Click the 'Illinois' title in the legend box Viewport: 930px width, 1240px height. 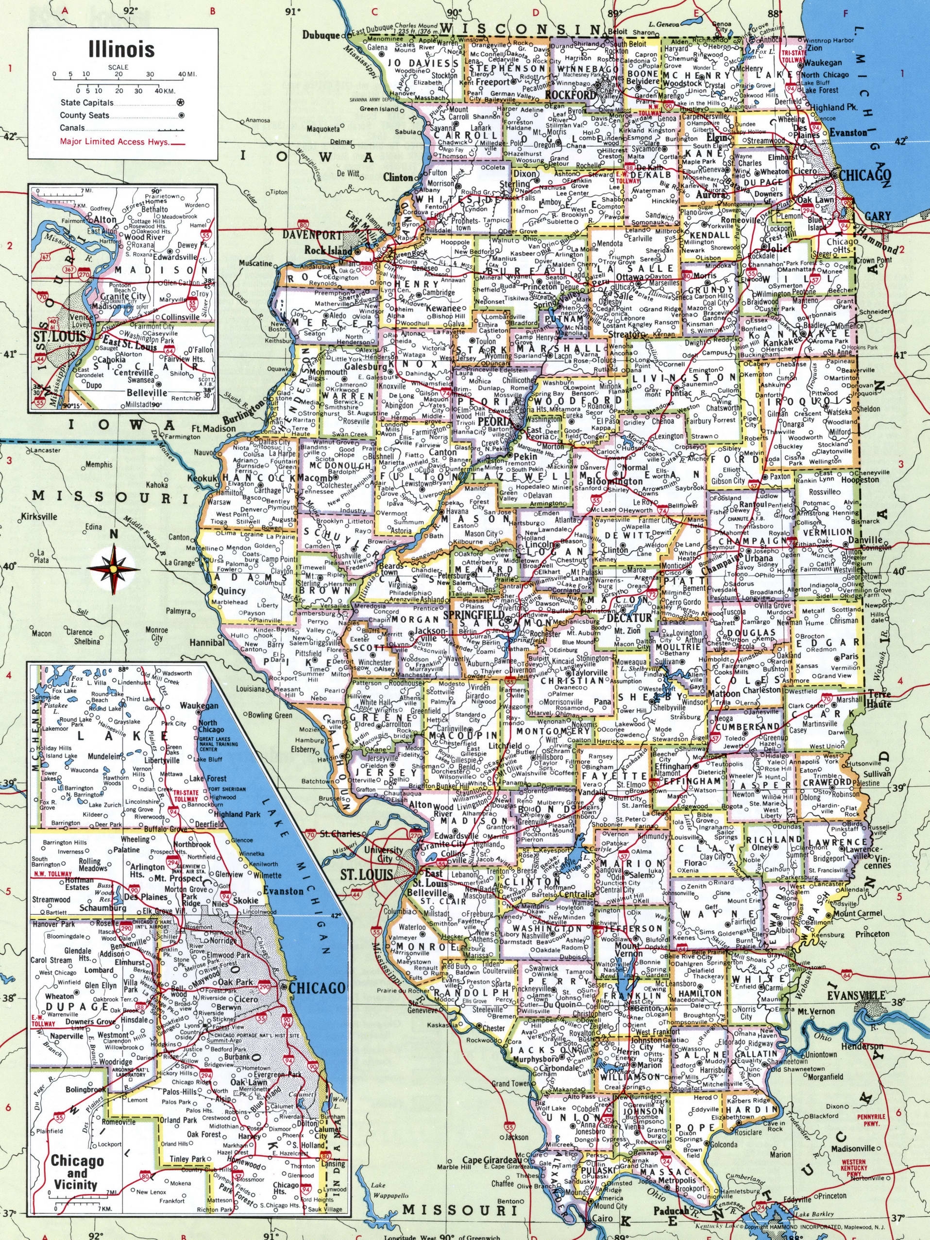pyautogui.click(x=122, y=49)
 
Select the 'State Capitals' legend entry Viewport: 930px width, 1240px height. pyautogui.click(x=87, y=103)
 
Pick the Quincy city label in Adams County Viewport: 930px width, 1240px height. pyautogui.click(x=232, y=590)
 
